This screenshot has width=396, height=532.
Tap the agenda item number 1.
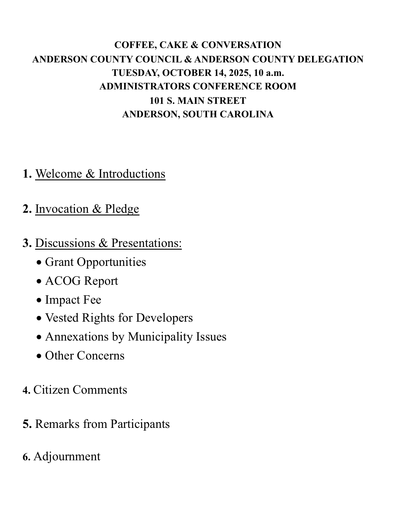(27, 174)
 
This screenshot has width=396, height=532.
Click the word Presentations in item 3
(146, 243)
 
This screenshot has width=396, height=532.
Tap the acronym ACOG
(63, 281)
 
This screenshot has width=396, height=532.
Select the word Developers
(164, 318)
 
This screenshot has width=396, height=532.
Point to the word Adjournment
(67, 456)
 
